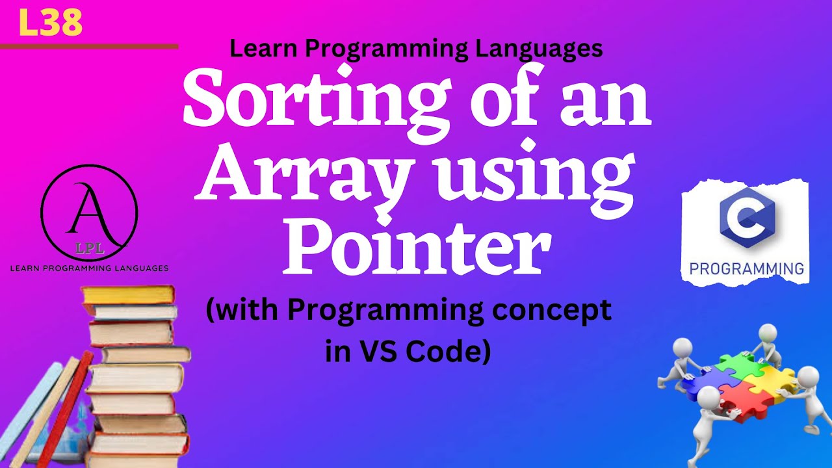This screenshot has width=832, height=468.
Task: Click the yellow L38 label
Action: pos(51,23)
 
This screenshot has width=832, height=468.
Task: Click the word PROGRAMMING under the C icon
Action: pos(746,268)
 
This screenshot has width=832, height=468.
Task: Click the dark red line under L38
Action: pos(89,47)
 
